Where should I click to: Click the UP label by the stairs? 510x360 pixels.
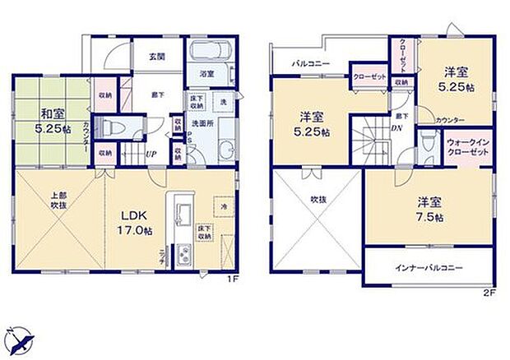click(x=151, y=154)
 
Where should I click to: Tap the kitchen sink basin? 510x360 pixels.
click(x=182, y=207)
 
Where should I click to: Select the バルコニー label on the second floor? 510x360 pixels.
click(x=309, y=63)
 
